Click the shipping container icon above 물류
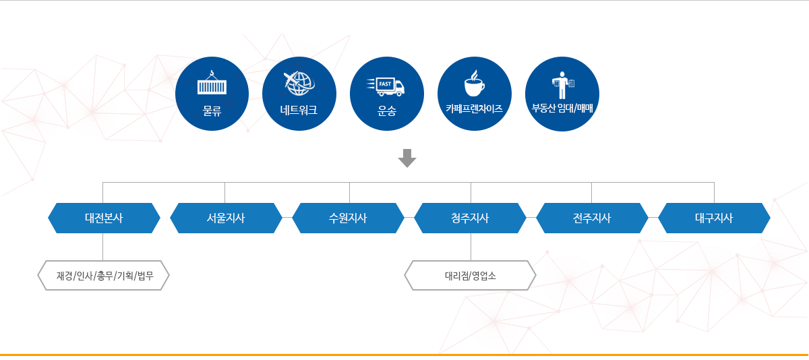click(x=212, y=83)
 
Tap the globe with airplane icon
click(x=299, y=84)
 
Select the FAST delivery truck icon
click(x=386, y=87)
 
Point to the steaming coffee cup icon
click(x=475, y=84)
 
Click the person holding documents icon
click(x=562, y=85)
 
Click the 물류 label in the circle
click(x=212, y=111)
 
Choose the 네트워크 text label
click(x=299, y=110)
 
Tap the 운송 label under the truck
click(x=387, y=111)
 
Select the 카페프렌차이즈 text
click(x=474, y=109)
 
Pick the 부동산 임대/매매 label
click(x=562, y=108)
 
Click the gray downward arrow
click(x=407, y=158)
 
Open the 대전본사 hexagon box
click(x=104, y=218)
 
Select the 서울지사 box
click(x=226, y=218)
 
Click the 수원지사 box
click(x=348, y=218)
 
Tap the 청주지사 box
click(x=470, y=218)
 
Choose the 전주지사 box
click(x=592, y=218)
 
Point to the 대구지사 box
click(x=714, y=218)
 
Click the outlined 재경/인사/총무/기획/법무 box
click(x=103, y=276)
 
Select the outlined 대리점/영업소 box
click(x=471, y=276)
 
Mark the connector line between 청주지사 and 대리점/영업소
click(x=471, y=247)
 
